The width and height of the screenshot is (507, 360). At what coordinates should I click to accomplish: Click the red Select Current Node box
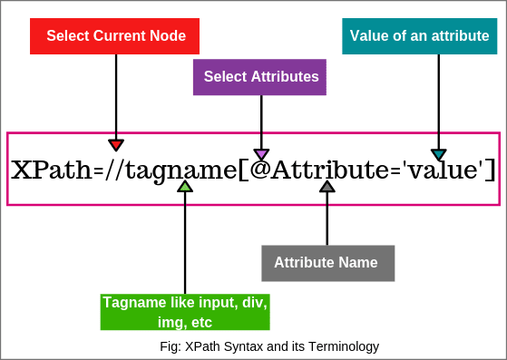tap(115, 36)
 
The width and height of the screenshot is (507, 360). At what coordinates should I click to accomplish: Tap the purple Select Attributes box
tap(260, 77)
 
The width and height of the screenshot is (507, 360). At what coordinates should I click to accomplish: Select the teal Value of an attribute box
tap(419, 36)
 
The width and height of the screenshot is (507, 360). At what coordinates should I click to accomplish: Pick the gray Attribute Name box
tap(327, 263)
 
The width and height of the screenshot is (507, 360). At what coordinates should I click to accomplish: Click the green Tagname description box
tap(184, 311)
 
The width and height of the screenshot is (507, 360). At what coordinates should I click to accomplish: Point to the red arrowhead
tap(116, 144)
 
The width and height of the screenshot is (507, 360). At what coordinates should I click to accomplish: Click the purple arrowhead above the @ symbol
tap(261, 154)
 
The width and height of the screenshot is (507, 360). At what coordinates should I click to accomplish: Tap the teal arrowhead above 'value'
tap(439, 154)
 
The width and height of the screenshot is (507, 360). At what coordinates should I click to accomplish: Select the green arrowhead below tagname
tap(185, 186)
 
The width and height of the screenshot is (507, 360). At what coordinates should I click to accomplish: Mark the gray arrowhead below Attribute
tap(327, 186)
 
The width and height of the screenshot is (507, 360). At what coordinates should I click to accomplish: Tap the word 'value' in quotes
tap(434, 170)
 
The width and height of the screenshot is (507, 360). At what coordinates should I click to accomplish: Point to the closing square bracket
tap(490, 170)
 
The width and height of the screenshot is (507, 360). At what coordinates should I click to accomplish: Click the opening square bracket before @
tap(243, 170)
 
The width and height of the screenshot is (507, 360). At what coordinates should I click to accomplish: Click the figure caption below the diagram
tap(269, 345)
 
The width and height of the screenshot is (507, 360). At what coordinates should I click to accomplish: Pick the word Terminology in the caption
tap(346, 345)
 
